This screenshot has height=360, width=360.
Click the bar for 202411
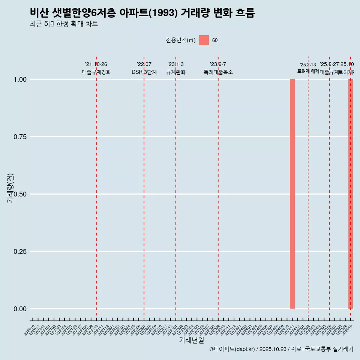pos(292,194)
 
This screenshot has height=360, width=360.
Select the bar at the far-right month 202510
pos(351,194)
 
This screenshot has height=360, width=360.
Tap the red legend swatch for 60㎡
pos(204,40)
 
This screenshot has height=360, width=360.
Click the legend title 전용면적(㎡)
pos(181,40)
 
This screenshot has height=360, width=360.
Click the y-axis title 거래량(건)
pos(10,188)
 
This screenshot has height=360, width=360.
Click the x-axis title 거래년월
pos(191,340)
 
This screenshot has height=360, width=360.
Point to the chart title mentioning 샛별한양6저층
pos(142,13)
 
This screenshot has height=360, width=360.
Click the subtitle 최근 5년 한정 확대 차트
pos(64,24)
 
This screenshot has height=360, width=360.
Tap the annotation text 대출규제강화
pos(96,72)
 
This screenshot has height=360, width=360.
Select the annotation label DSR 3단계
pos(144,72)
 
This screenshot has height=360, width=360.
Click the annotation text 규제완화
pos(175,72)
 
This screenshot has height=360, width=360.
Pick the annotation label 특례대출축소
pos(218,72)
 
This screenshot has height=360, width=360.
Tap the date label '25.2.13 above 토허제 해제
pos(308,65)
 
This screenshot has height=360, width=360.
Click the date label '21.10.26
pos(96,64)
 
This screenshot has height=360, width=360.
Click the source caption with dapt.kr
pos(281,349)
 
